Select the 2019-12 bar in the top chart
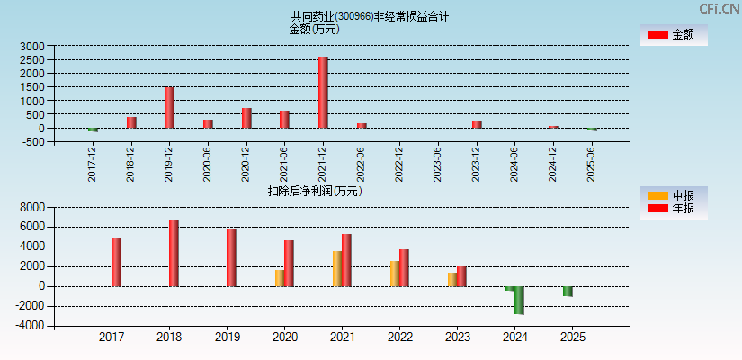[169, 108]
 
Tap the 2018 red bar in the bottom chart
[174, 253]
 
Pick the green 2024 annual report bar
[519, 300]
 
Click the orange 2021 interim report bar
[337, 268]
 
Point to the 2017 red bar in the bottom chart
[116, 262]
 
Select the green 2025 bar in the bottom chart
[568, 291]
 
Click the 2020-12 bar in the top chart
[246, 118]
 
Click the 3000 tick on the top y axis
[32, 46]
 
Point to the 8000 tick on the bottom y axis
[32, 207]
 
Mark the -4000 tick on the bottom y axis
[31, 326]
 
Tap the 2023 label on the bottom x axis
[457, 337]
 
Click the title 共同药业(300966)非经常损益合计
[370, 16]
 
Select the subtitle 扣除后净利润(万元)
[315, 191]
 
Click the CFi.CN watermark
[720, 9]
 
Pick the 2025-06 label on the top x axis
[592, 165]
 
